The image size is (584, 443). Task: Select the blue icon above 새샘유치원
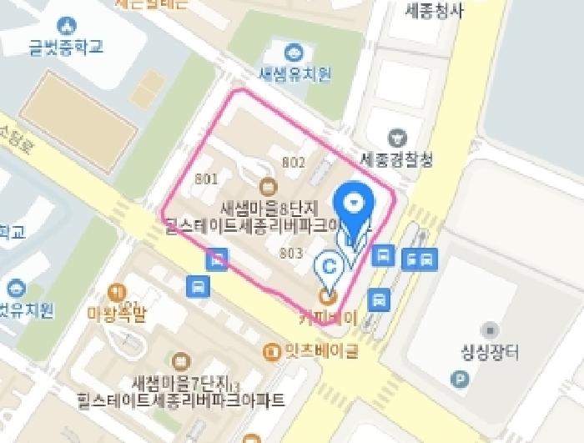pos(294,53)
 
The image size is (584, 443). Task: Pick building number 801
pos(206,179)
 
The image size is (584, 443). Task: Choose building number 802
pos(294,163)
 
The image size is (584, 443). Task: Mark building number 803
pos(290,253)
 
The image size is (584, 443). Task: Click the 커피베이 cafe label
pos(328,318)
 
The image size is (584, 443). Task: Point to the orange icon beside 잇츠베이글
pos(271,351)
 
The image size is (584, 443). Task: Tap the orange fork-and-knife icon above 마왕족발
pos(116,292)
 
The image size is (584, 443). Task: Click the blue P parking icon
pos(459,380)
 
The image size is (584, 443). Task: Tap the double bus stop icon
pos(417,259)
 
